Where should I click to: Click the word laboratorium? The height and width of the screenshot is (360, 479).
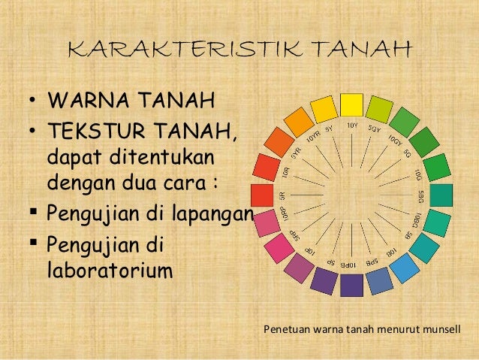pyautogui.click(x=109, y=268)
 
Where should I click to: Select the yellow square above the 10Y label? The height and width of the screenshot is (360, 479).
pyautogui.click(x=351, y=104)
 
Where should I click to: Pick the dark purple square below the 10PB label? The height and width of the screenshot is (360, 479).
pyautogui.click(x=351, y=285)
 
